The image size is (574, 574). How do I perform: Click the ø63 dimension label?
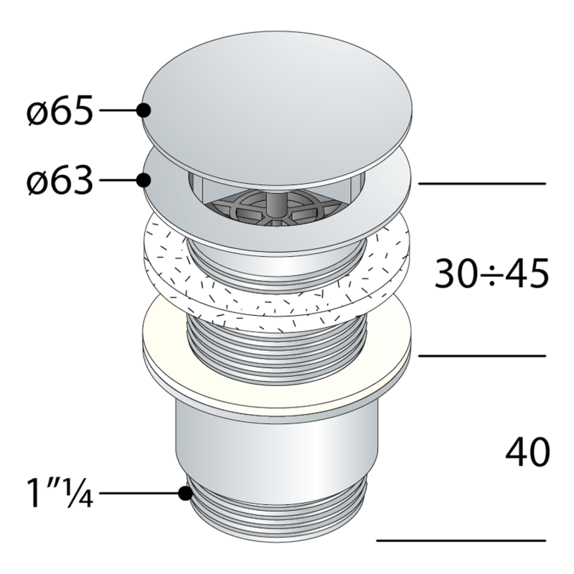(x=60, y=182)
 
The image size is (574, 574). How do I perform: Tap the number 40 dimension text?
(x=527, y=452)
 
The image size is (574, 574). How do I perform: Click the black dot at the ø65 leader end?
(x=143, y=110)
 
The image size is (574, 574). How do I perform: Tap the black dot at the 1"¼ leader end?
(x=185, y=494)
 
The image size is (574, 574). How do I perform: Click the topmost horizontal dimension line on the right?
(x=481, y=184)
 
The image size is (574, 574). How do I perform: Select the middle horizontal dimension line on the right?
(x=481, y=355)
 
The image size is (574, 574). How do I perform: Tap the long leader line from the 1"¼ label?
(x=140, y=494)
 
